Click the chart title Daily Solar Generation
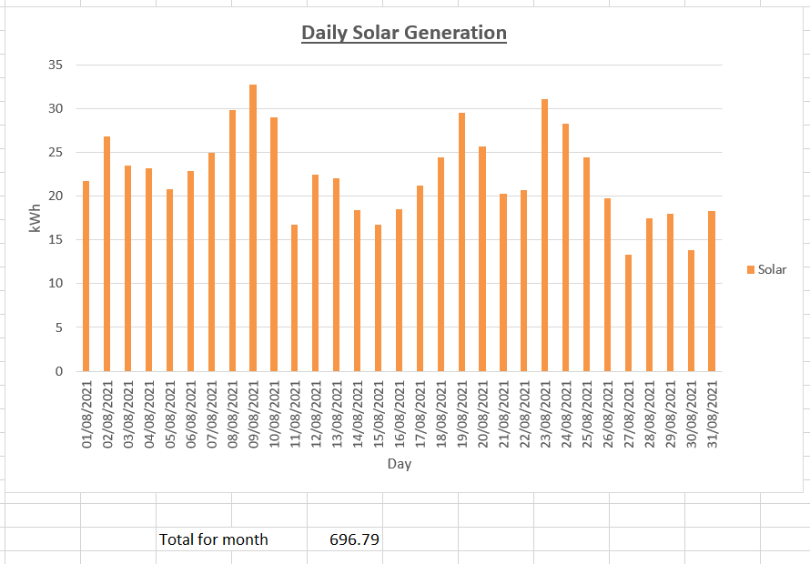(x=404, y=33)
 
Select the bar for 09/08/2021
(x=253, y=227)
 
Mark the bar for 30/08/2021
(x=691, y=310)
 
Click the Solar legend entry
(x=766, y=269)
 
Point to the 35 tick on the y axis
(x=56, y=65)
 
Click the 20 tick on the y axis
(x=56, y=196)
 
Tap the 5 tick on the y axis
(x=59, y=327)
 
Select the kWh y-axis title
(x=35, y=217)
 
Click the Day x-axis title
(x=399, y=464)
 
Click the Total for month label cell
(x=214, y=539)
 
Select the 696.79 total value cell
(x=355, y=539)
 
